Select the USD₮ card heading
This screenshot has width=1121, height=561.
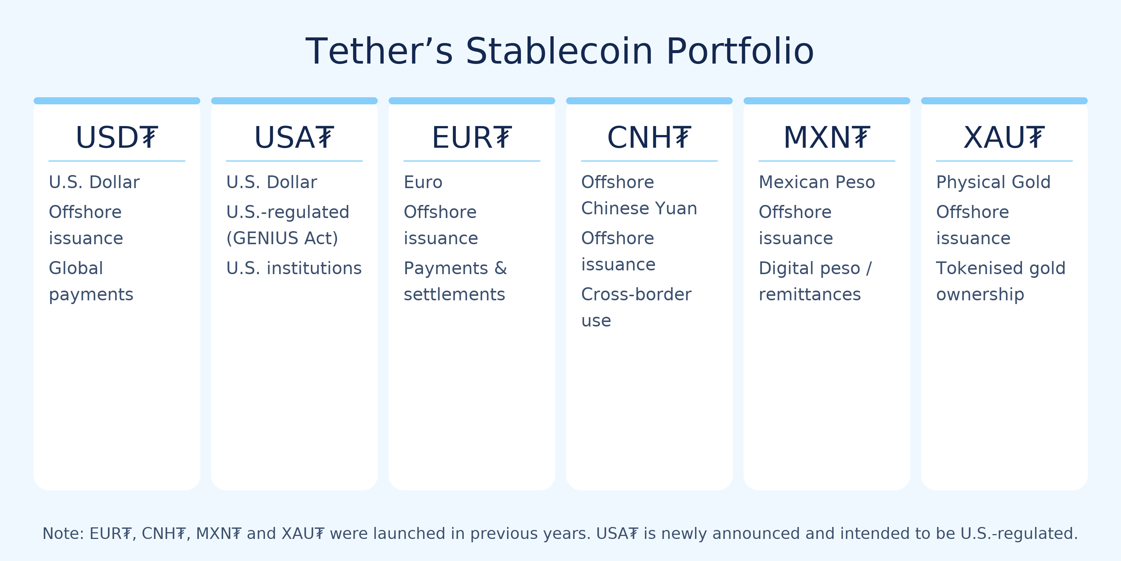(117, 138)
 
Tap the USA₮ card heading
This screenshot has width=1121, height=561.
(294, 138)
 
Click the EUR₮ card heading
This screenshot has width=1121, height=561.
(472, 138)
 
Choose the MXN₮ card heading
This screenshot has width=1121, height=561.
(827, 138)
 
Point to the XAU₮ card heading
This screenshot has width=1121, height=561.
(1004, 138)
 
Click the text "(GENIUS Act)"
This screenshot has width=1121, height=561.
(282, 238)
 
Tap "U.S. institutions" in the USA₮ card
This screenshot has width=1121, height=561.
(294, 268)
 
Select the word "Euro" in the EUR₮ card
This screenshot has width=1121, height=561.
(423, 182)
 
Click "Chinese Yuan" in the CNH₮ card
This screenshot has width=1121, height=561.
(639, 208)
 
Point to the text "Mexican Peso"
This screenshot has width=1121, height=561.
(816, 182)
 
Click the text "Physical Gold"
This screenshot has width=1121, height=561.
(993, 182)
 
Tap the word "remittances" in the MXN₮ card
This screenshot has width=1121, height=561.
(809, 294)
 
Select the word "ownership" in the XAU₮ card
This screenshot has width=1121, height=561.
(980, 294)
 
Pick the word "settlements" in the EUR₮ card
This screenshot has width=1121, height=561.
(454, 294)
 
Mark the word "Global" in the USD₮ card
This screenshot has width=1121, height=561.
(76, 268)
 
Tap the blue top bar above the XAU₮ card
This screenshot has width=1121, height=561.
(1004, 101)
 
